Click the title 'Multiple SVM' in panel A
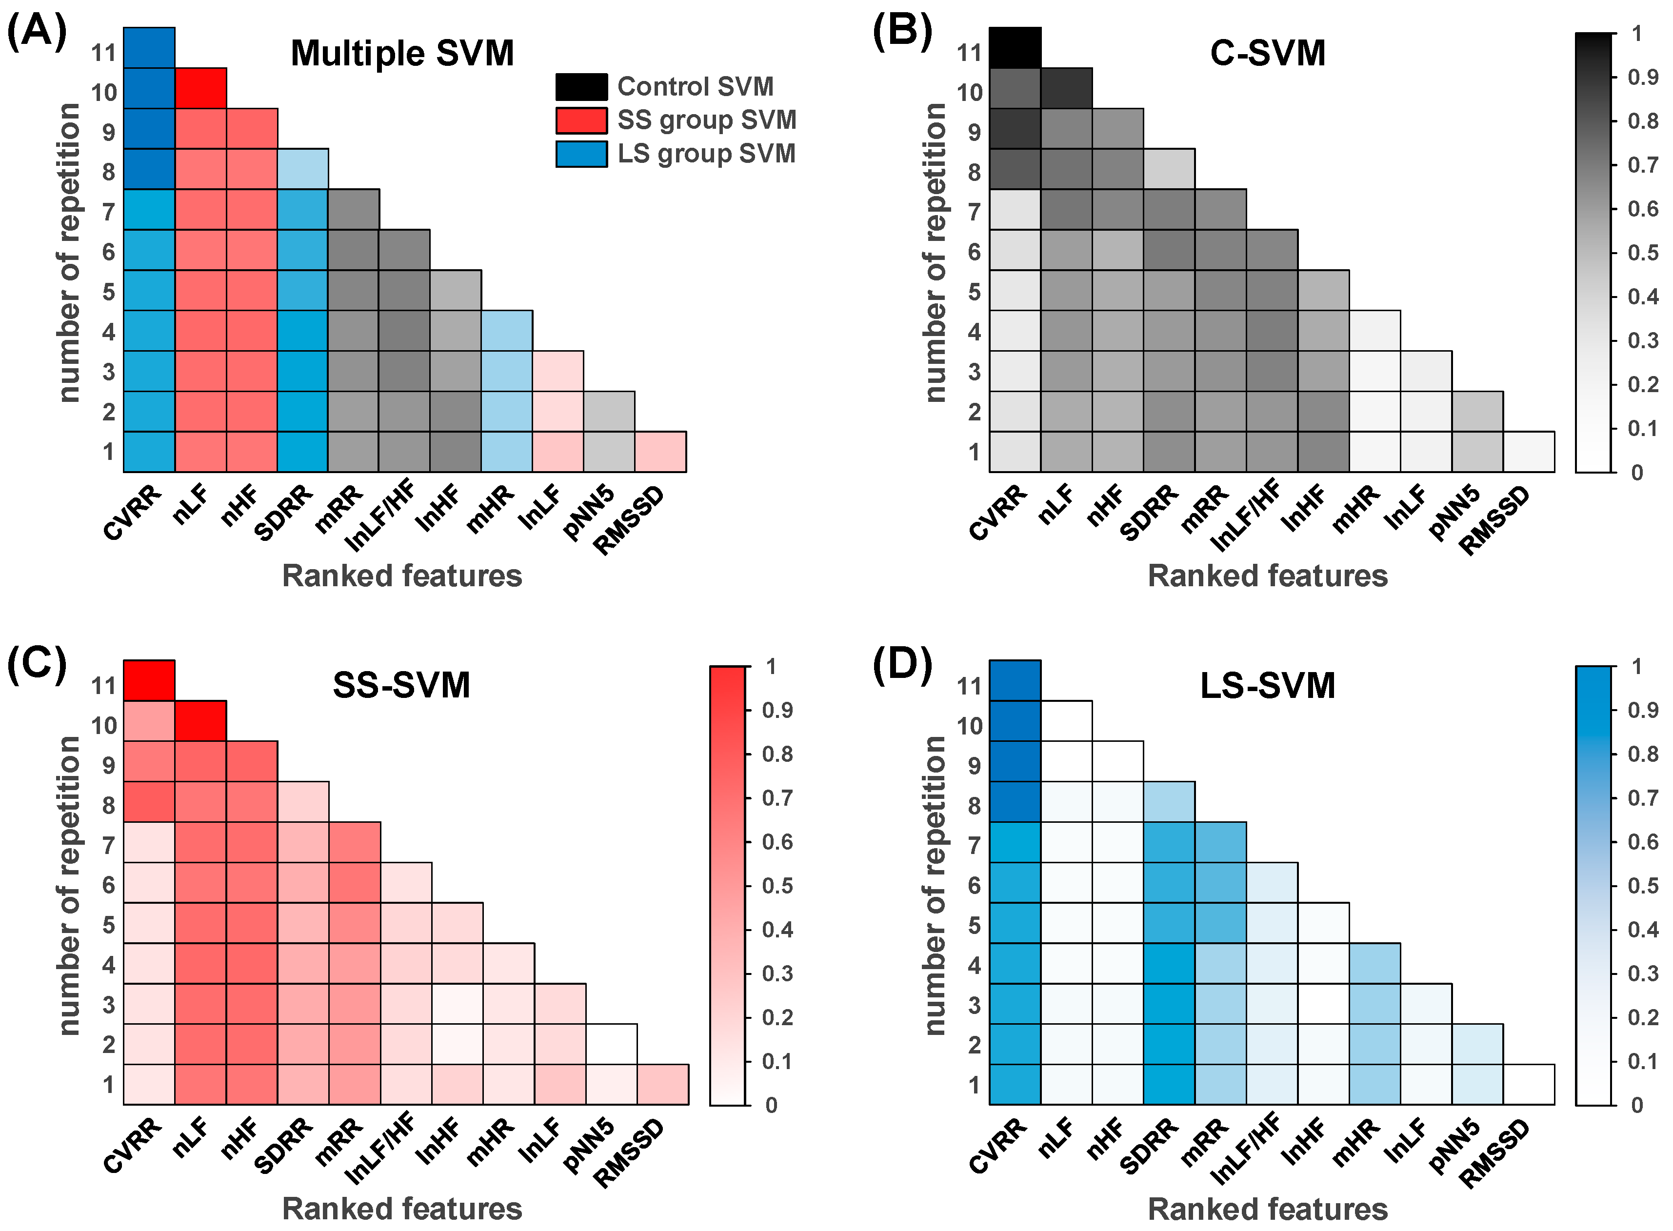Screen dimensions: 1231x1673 [402, 54]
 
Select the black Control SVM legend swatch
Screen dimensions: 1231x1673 [581, 86]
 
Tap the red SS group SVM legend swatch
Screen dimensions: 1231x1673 [581, 120]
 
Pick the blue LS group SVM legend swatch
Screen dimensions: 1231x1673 [581, 154]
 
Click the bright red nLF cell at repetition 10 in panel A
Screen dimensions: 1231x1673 [200, 88]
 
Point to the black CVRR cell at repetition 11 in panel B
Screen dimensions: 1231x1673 [1015, 48]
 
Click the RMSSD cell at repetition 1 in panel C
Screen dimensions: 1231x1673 [662, 1084]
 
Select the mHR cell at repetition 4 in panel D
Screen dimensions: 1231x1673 [1374, 964]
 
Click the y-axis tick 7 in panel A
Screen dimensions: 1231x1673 [109, 212]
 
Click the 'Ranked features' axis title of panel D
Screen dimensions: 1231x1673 [1267, 1209]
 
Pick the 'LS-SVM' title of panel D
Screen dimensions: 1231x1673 [1267, 686]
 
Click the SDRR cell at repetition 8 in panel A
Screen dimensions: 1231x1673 [302, 169]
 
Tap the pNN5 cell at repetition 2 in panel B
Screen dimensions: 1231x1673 [1477, 411]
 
